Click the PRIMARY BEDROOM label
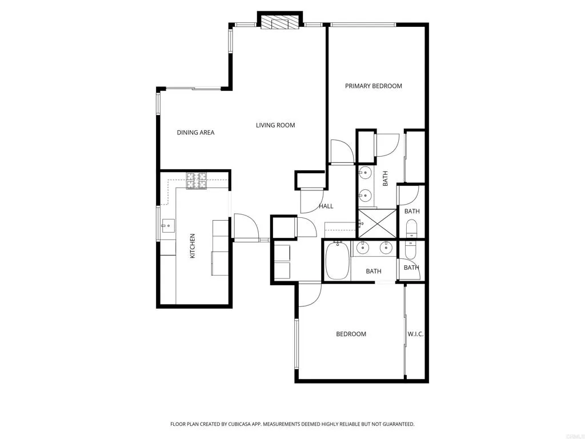tap(373, 86)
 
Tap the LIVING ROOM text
tap(275, 125)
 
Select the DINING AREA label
tap(195, 133)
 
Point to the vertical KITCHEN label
tap(193, 246)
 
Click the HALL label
tap(326, 206)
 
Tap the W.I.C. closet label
tap(415, 334)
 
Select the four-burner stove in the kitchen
tap(197, 181)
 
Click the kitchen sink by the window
tap(167, 225)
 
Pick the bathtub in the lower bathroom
tap(337, 261)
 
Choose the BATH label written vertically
tap(386, 178)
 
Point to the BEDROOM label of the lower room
tap(351, 334)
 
